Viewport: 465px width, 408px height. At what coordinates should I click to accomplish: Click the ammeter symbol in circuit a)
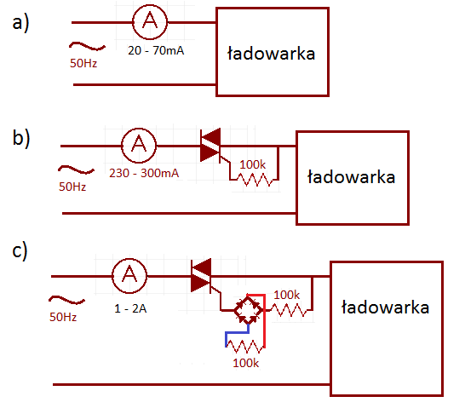coord(150,22)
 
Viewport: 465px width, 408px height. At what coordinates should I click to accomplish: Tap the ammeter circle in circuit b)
coord(139,146)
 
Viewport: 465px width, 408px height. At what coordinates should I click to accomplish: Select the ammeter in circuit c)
coord(129,276)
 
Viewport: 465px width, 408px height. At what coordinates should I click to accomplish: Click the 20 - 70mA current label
coord(156,51)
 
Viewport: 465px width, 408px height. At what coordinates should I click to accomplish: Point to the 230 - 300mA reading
coord(144,173)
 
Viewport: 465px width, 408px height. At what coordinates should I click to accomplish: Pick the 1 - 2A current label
coord(130,308)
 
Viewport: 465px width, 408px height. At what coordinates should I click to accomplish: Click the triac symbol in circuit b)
coord(211,146)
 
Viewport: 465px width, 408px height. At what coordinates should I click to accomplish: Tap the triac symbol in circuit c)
coord(202,276)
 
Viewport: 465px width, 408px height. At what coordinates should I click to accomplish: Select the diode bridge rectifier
coord(249,310)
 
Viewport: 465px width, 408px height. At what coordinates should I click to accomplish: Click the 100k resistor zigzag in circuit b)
coord(255,180)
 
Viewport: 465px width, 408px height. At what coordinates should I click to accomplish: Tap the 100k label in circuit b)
coord(253,164)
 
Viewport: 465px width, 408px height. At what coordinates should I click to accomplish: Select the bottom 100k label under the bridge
coord(246,363)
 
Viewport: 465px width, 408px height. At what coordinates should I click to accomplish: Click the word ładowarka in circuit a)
coord(271,54)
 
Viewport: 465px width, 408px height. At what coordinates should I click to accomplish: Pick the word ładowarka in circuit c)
coord(385,307)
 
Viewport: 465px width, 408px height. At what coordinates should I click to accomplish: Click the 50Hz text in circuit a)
coord(83,63)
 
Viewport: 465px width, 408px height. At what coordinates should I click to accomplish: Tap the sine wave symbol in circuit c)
coord(66,300)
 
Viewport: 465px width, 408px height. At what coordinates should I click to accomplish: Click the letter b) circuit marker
coord(21,138)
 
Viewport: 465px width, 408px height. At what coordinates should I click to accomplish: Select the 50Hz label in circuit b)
coord(72,187)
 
